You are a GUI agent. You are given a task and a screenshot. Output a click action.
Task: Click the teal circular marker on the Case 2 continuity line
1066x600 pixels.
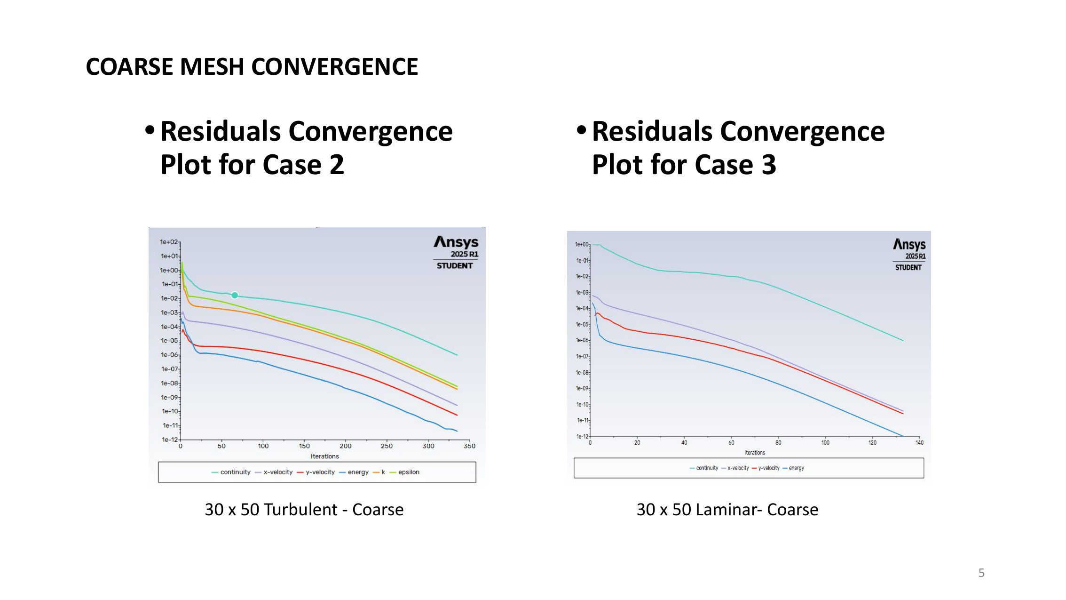[235, 295]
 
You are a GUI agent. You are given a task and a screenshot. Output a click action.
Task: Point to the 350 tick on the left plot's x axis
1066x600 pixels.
[469, 446]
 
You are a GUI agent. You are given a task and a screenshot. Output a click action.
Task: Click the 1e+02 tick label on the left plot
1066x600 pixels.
[168, 242]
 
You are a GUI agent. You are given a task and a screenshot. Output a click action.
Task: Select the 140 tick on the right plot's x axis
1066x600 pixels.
[919, 442]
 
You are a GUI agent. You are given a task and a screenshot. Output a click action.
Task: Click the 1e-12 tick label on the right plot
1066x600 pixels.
[582, 436]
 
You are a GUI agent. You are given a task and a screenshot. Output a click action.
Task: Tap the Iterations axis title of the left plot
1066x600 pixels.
[324, 456]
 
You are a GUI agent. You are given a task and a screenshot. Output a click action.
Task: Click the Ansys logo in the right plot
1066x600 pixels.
[909, 244]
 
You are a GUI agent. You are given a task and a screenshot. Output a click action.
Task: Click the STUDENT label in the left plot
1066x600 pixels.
[454, 266]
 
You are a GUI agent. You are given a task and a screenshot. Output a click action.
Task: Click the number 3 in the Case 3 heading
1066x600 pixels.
[768, 165]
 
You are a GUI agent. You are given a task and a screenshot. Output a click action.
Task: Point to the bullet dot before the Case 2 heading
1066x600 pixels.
[150, 130]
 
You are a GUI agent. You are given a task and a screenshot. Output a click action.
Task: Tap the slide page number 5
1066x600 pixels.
[981, 573]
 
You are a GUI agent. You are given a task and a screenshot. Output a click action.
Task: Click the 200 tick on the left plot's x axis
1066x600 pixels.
[345, 446]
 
